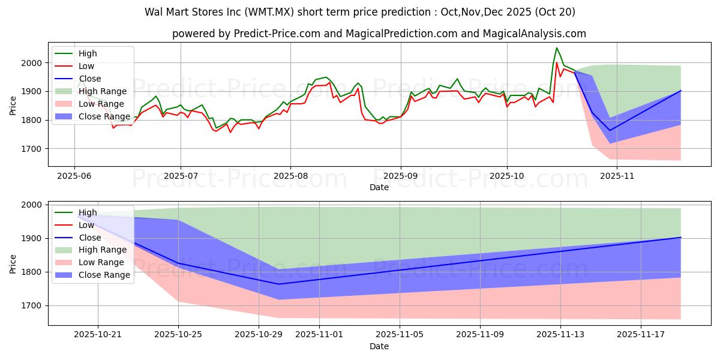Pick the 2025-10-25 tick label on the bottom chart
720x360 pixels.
(x=178, y=334)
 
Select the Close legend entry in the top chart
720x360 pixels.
(x=90, y=79)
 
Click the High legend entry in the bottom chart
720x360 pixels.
(x=88, y=212)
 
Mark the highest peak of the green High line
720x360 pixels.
(x=556, y=48)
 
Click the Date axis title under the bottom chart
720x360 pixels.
(x=379, y=346)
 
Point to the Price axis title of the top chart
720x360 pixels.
(x=13, y=106)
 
